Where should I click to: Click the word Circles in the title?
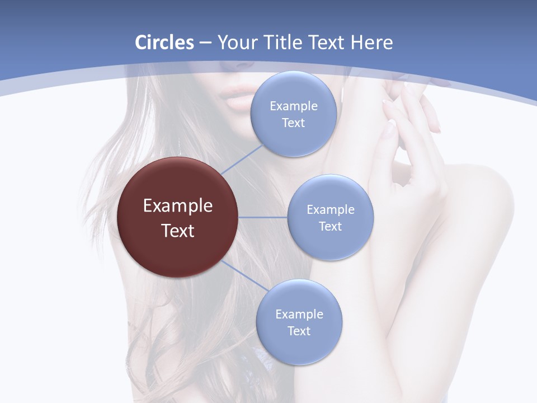[x=164, y=43]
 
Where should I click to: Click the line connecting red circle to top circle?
[x=242, y=160]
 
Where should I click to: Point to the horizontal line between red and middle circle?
[x=262, y=217]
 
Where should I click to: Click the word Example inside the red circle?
[x=178, y=206]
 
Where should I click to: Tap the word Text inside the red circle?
[x=178, y=231]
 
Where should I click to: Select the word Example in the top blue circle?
[x=294, y=106]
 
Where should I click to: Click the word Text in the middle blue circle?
[x=330, y=226]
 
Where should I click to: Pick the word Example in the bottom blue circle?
[x=299, y=314]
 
